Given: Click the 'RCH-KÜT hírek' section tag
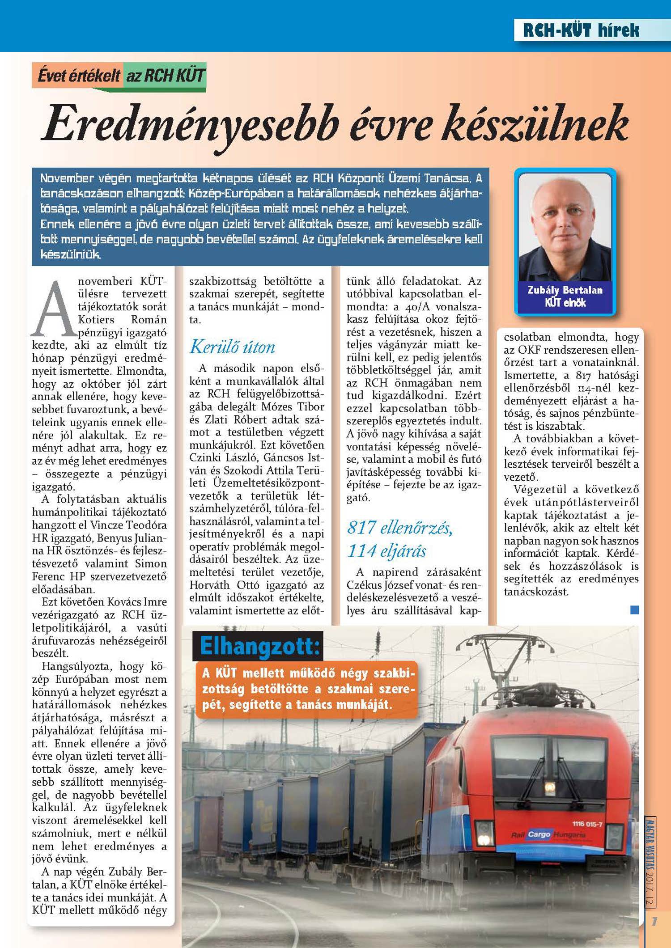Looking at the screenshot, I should click(581, 30).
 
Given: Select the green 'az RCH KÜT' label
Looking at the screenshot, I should click(165, 76).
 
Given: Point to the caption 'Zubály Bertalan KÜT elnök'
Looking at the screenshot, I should click(565, 296).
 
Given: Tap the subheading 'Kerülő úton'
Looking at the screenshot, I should click(232, 347).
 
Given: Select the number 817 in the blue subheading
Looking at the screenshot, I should click(361, 528).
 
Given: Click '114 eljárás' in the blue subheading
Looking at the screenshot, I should click(386, 551).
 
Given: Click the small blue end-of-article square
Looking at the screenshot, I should click(634, 609).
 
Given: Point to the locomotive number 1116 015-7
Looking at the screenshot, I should click(587, 824).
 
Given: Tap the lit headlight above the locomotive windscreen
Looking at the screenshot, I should click(549, 787).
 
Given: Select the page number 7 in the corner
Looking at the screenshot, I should click(654, 921).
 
